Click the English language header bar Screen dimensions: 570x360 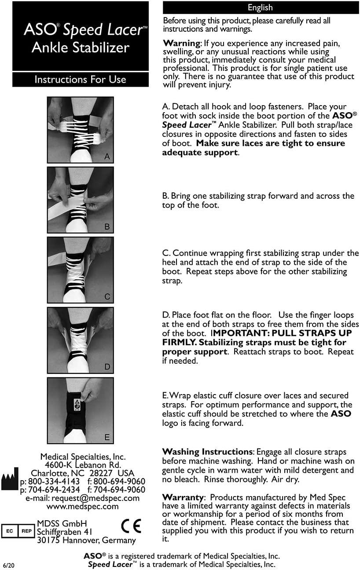(260, 7)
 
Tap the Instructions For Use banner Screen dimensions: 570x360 (80, 80)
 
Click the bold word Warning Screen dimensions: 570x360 (181, 43)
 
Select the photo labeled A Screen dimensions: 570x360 (80, 130)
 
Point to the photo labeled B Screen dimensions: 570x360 (80, 200)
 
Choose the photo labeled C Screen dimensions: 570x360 (80, 270)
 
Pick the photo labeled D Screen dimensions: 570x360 (80, 340)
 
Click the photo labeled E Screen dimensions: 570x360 (80, 410)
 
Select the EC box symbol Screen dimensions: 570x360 (10, 531)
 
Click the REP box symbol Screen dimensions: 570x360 (26, 531)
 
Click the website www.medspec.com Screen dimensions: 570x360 (82, 506)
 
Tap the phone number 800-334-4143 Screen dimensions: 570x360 (54, 481)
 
